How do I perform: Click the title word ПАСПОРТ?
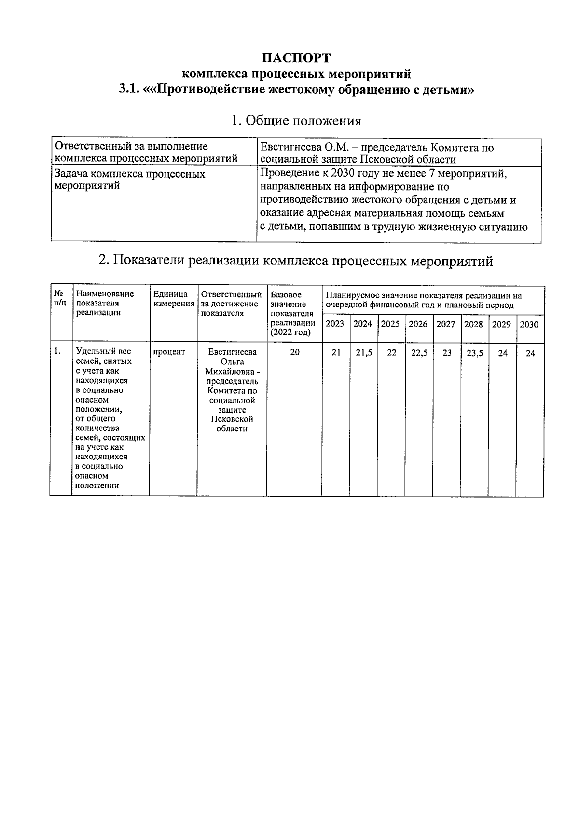[x=296, y=58]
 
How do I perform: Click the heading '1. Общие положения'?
[x=296, y=121]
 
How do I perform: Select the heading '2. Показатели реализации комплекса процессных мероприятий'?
[x=296, y=261]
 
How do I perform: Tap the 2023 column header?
[x=335, y=324]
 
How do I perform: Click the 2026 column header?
[x=418, y=324]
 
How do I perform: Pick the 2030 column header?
[x=529, y=325]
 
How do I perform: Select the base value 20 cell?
[x=294, y=352]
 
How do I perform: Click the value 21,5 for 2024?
[x=364, y=353]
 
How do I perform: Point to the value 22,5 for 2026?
[x=419, y=353]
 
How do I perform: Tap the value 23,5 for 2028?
[x=475, y=353]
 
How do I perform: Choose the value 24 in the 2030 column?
[x=530, y=353]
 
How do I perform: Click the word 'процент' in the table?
[x=169, y=352]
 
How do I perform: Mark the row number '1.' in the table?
[x=57, y=351]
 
